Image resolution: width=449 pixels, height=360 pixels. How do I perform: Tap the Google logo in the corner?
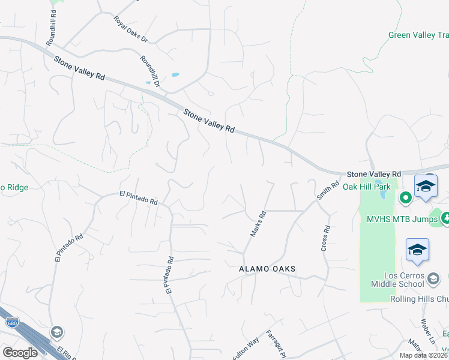coord(20,353)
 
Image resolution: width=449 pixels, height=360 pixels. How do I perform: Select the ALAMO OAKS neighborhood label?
coord(268,269)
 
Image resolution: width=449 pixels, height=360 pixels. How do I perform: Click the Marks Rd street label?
coord(258,223)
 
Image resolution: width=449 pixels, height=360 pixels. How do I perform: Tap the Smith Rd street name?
coord(328,191)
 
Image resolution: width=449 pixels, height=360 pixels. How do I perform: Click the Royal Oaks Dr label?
coord(130,29)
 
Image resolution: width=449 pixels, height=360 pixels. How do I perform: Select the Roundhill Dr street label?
coord(150,71)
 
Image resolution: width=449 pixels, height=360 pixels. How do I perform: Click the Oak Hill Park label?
coord(366,187)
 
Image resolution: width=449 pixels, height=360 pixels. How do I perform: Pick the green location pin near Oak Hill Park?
coord(406,197)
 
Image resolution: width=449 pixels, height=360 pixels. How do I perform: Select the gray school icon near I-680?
coord(56,332)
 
